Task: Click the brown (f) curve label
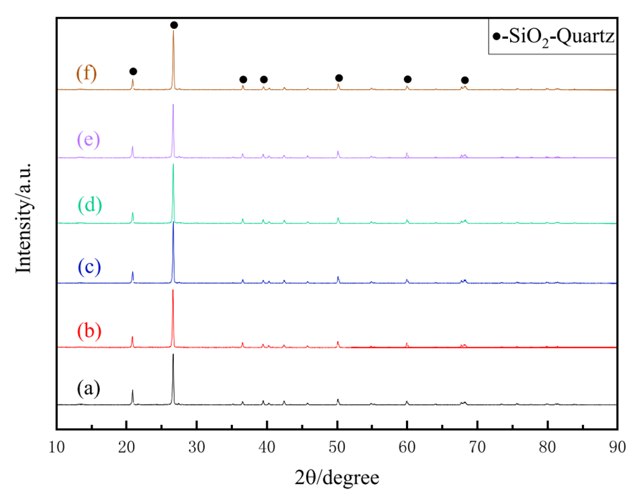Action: pos(87,73)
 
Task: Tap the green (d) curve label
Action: pos(89,203)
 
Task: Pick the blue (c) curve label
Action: pos(89,266)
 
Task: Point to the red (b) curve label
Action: pos(89,331)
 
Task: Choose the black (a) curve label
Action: pos(89,388)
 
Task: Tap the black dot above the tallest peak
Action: pos(174,25)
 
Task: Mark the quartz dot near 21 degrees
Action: pos(133,71)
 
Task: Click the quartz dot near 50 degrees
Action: pos(339,78)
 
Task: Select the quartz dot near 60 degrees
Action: pos(407,79)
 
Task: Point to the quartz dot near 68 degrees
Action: pos(464,81)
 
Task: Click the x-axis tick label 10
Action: pos(56,446)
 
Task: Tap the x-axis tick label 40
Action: pos(267,446)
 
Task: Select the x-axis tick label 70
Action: pos(477,446)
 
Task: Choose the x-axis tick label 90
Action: pos(617,446)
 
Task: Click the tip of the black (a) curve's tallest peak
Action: pos(173,354)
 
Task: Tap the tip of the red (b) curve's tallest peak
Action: pos(173,290)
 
